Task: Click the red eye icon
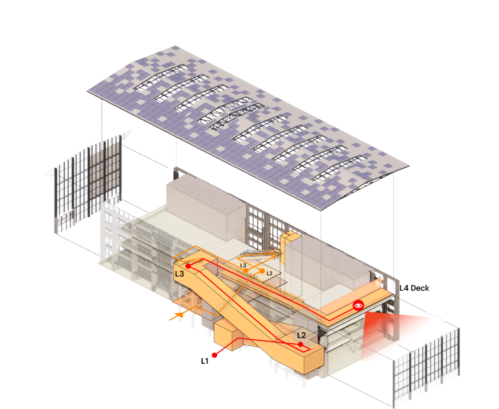pos(359,305)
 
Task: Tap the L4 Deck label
pos(414,288)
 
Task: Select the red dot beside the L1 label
pos(214,355)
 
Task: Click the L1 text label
pos(205,361)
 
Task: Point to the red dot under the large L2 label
pos(300,344)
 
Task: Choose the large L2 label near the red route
pos(301,335)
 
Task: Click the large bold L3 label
pos(179,274)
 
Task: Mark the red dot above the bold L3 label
pos(188,266)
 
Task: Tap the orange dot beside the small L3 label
pos(246,270)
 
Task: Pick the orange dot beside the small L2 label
pos(262,271)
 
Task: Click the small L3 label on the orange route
pos(243,265)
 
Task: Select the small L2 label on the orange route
pos(269,273)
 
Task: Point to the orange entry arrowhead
pos(180,315)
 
